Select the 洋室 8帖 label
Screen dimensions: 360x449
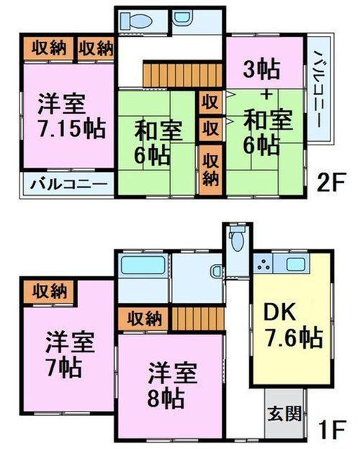click(x=172, y=385)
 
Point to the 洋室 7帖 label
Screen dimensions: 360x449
click(x=70, y=354)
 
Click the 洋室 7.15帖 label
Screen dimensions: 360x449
click(x=72, y=117)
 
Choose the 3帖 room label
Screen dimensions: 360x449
click(x=261, y=70)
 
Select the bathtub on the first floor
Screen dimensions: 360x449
click(x=143, y=266)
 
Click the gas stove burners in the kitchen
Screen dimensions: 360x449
click(x=263, y=264)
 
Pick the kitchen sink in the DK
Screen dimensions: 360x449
click(x=295, y=264)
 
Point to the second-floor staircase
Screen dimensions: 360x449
click(x=183, y=75)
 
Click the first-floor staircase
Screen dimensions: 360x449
click(x=197, y=319)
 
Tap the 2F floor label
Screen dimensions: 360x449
click(x=330, y=182)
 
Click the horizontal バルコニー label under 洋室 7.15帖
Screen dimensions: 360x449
click(x=69, y=183)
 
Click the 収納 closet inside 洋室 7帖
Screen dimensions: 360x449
click(x=49, y=292)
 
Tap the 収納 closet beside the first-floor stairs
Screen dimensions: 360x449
click(x=144, y=319)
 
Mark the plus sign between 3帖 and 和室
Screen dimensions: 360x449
click(x=266, y=94)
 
